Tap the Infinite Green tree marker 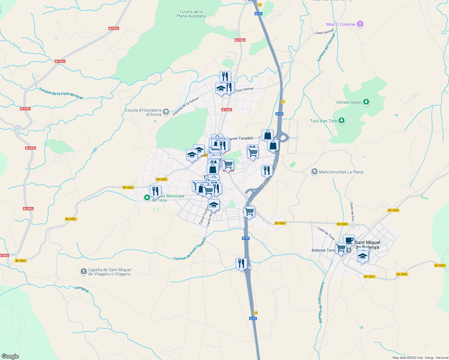coord(366,102)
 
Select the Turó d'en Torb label coord(324,121)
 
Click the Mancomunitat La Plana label coord(341,172)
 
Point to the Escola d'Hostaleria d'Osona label coord(143,112)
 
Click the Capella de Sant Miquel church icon coord(84,271)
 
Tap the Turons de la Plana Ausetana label coord(191,14)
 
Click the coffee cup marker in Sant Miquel coord(349,240)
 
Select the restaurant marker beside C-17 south coord(241,264)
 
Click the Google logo coord(10,356)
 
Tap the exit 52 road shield coord(260,4)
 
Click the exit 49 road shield coord(255,313)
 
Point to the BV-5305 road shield coord(393,210)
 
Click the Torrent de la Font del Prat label coord(61,94)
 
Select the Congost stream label coord(82,289)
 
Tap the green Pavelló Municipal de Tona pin coord(147,197)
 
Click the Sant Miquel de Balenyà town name coord(367,245)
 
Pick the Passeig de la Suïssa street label coord(185,106)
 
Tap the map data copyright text coord(420,358)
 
